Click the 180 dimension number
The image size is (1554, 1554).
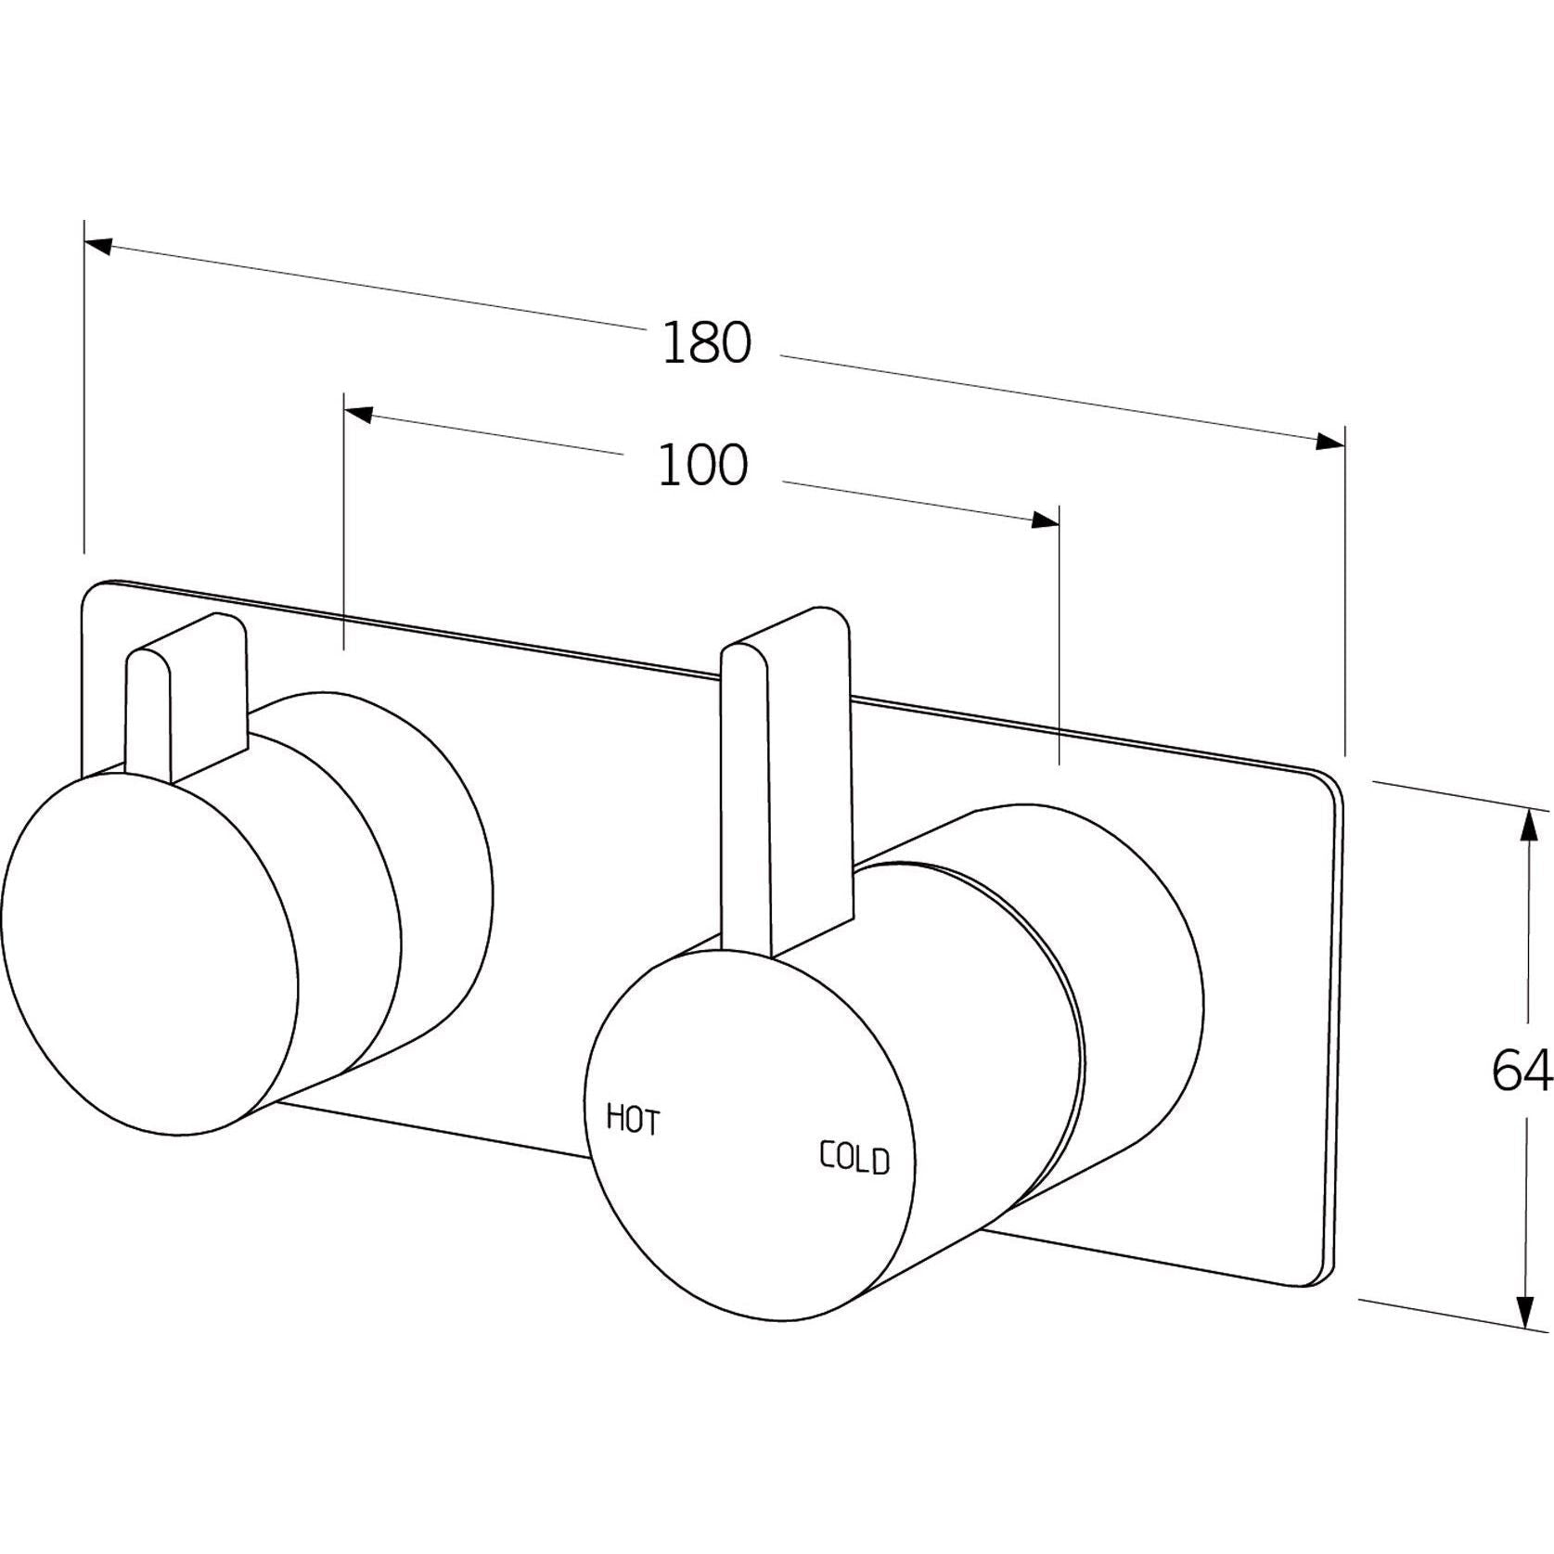point(706,344)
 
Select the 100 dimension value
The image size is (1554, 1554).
point(702,466)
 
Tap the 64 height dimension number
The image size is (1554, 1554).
point(1522,1072)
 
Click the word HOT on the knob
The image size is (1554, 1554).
point(633,1119)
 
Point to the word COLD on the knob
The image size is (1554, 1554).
point(854,1158)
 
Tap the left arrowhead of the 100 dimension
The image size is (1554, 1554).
point(358,415)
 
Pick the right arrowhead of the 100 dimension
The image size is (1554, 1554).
point(1046,520)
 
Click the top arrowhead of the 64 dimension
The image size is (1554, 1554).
point(1523,822)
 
